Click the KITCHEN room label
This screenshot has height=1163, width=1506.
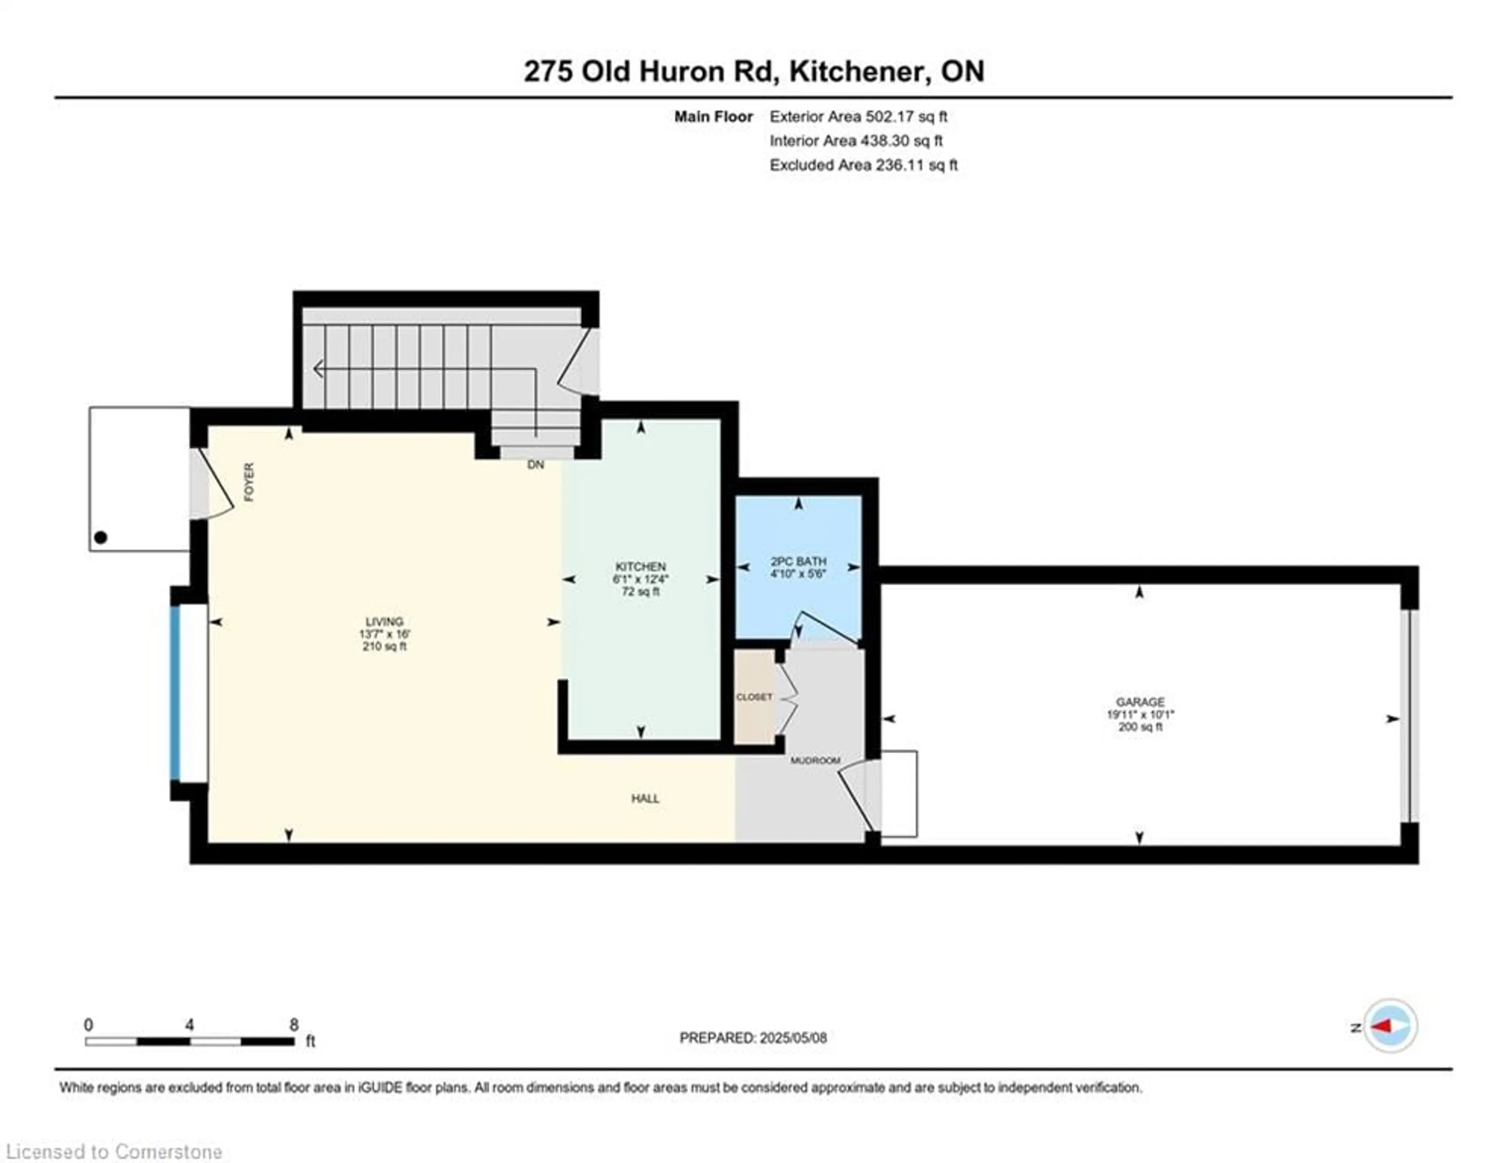640,566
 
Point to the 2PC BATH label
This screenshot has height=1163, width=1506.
798,561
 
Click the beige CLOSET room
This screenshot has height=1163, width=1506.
755,697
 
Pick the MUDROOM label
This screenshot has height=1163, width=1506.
815,760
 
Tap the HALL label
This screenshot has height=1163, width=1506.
646,798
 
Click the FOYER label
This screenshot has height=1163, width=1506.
249,482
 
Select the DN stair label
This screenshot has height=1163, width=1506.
536,465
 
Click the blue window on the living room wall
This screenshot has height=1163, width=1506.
175,693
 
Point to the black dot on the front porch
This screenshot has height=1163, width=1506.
101,537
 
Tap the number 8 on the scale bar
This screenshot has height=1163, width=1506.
294,1024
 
